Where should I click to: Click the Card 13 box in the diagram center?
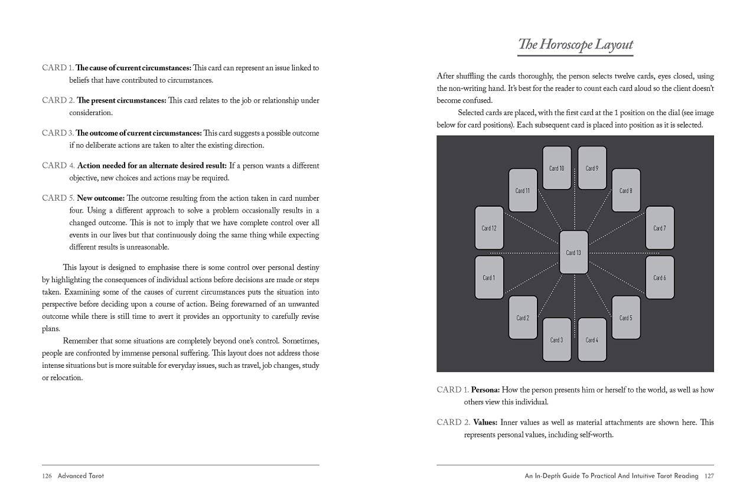[573, 252]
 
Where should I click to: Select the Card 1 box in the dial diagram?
[489, 277]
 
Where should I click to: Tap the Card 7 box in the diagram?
[659, 228]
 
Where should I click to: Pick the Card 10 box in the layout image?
[556, 168]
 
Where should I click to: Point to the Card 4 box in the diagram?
[592, 339]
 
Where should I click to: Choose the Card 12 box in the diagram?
[489, 228]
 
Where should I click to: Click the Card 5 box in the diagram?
[625, 318]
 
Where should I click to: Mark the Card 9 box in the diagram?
[592, 168]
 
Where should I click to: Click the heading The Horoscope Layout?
[575, 44]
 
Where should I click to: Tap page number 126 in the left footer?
[47, 475]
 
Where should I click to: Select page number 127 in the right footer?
[709, 475]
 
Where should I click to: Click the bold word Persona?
[485, 390]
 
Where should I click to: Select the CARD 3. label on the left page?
[58, 133]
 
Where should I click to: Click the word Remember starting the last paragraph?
[82, 341]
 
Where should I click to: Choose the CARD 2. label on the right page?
[452, 422]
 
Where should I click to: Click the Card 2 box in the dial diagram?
[523, 318]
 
